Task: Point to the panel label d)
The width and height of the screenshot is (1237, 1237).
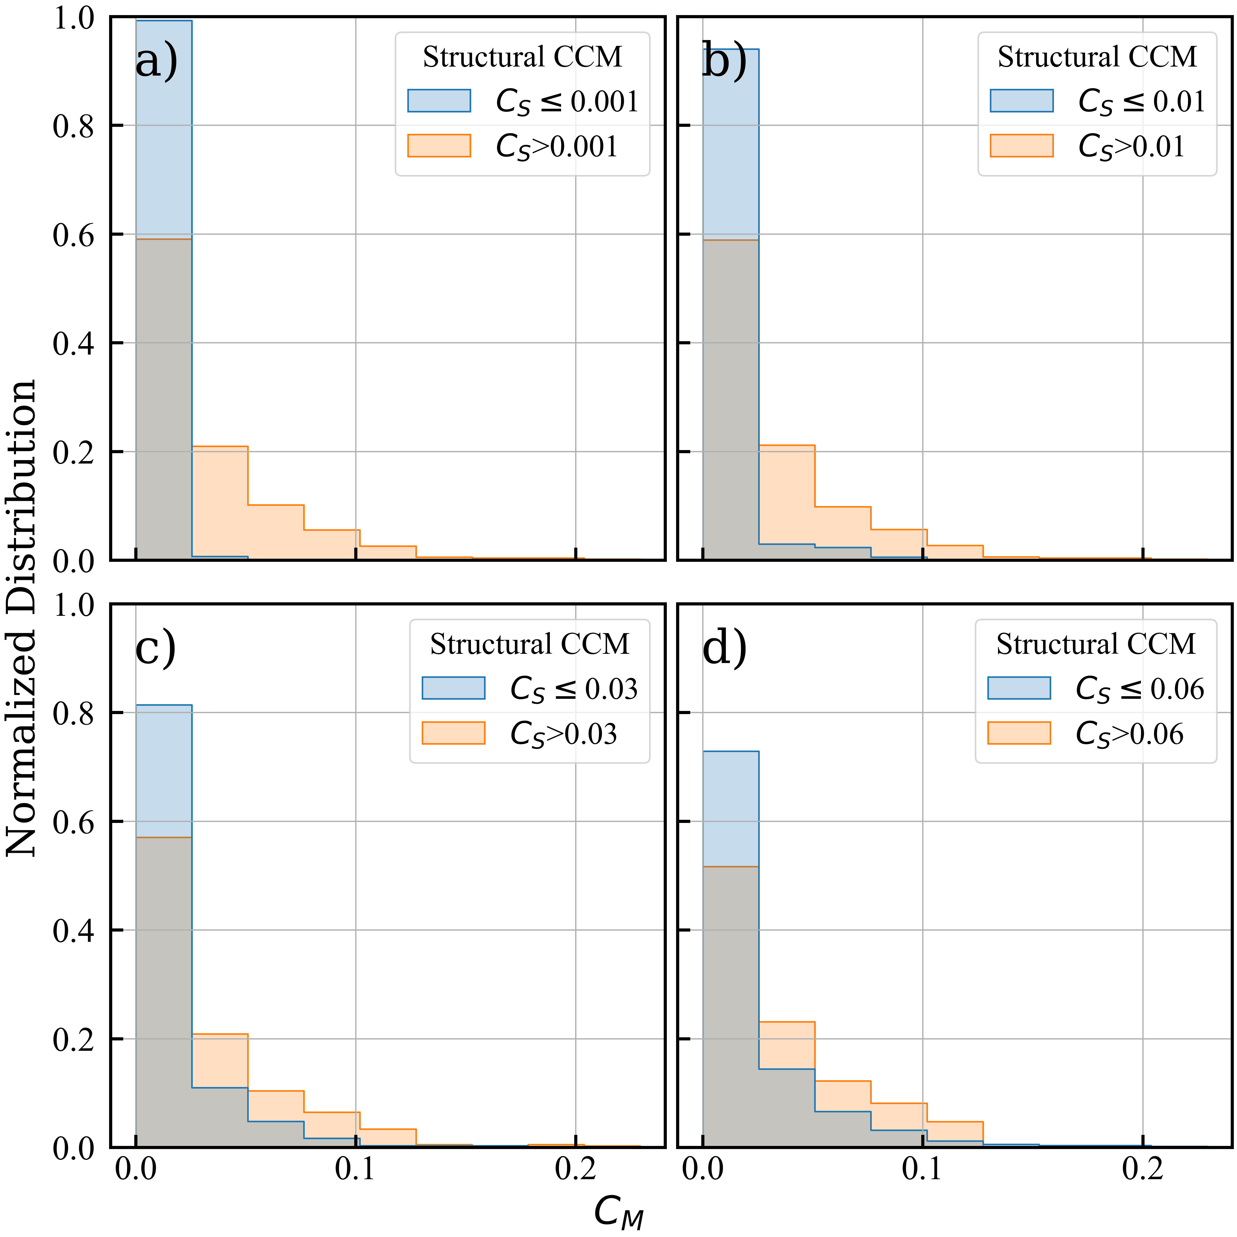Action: [724, 648]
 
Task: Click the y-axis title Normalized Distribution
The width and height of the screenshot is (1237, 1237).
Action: [20, 618]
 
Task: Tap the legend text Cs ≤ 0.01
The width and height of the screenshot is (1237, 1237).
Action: [1141, 101]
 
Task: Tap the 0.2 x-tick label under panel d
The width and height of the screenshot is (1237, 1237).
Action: [1142, 1169]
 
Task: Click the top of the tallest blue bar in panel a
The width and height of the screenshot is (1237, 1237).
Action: [163, 21]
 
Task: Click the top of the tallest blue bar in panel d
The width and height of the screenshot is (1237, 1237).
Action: [731, 752]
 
